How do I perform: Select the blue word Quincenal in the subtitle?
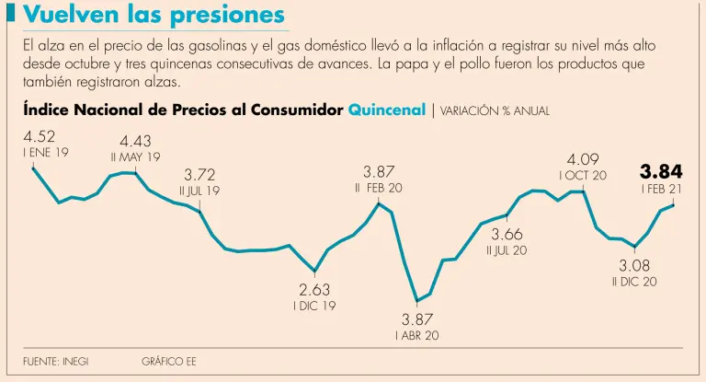[387, 110]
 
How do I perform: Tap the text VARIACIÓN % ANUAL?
[495, 110]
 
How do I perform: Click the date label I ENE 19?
[46, 153]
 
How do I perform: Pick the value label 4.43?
[135, 142]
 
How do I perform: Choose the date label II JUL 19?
[199, 191]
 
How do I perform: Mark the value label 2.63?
[314, 290]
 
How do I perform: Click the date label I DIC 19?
[314, 306]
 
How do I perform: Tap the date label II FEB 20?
[379, 187]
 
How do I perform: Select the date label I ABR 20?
[416, 335]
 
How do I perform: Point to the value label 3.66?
[507, 235]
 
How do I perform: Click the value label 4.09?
[584, 159]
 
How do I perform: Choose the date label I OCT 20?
[583, 175]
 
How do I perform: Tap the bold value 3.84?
[661, 171]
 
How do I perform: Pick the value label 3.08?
[634, 266]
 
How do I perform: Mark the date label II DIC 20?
[634, 282]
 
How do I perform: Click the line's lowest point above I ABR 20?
[417, 301]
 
